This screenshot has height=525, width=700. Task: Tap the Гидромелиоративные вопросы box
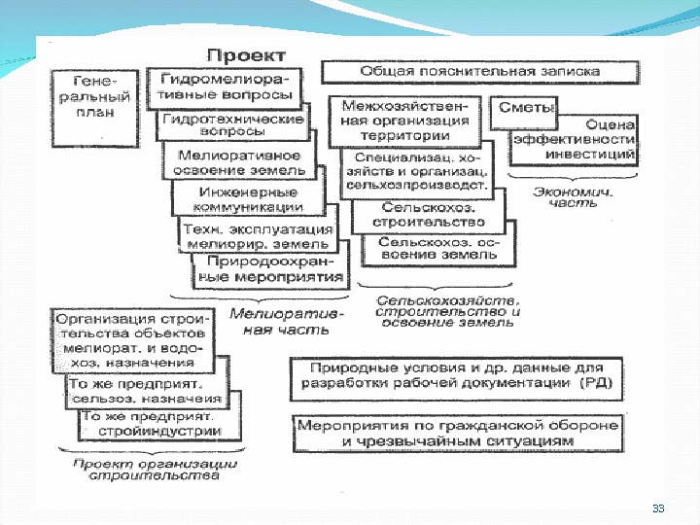click(225, 85)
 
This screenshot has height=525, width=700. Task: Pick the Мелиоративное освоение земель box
click(238, 161)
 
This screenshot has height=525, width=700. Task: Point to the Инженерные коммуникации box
click(250, 198)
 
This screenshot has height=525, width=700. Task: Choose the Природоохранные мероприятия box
click(269, 268)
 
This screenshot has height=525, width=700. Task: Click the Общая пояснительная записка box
click(479, 72)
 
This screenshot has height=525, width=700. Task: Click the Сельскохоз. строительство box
click(427, 214)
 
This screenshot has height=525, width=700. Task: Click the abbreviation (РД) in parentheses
click(593, 383)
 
